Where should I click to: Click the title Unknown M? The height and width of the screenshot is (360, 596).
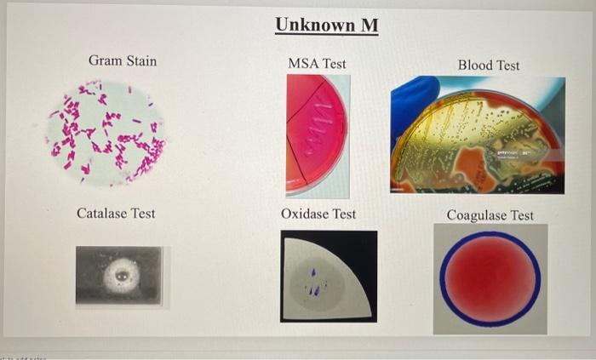click(x=327, y=26)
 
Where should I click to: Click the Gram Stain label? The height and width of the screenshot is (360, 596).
click(x=123, y=60)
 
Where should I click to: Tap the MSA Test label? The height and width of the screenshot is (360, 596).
click(x=317, y=63)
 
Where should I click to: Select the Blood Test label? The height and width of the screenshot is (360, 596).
click(x=488, y=65)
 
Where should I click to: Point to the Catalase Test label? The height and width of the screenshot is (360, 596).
click(x=116, y=213)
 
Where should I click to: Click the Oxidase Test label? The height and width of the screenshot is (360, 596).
click(x=318, y=214)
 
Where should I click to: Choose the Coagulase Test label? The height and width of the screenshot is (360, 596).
click(x=490, y=215)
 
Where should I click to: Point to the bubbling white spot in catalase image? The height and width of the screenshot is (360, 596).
click(x=120, y=275)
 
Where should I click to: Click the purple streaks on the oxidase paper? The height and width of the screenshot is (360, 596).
click(x=314, y=285)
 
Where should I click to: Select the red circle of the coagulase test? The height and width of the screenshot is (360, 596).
click(x=490, y=279)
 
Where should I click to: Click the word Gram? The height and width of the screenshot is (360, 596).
click(x=106, y=60)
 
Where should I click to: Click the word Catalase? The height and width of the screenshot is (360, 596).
click(x=102, y=213)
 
